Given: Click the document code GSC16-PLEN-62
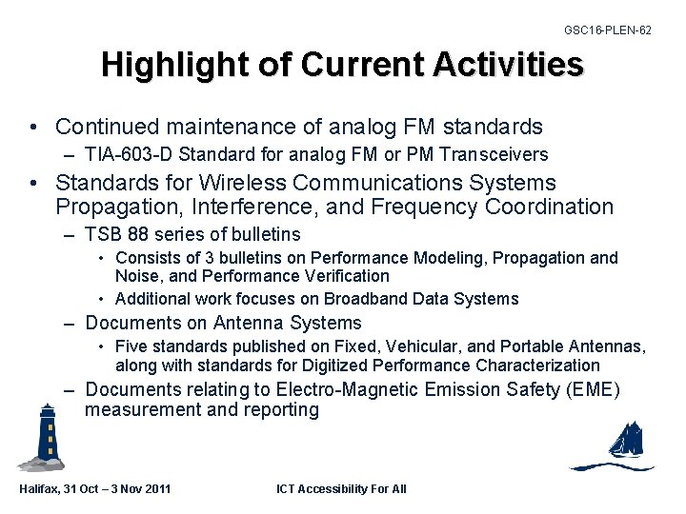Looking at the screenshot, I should [607, 30].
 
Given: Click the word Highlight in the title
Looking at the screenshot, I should [163, 66].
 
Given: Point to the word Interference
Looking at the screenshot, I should [250, 207].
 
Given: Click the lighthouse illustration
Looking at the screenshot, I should [44, 437].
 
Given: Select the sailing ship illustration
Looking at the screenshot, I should [619, 445].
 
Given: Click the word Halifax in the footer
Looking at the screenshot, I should [40, 489].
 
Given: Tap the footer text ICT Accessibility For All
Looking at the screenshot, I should [341, 489].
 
